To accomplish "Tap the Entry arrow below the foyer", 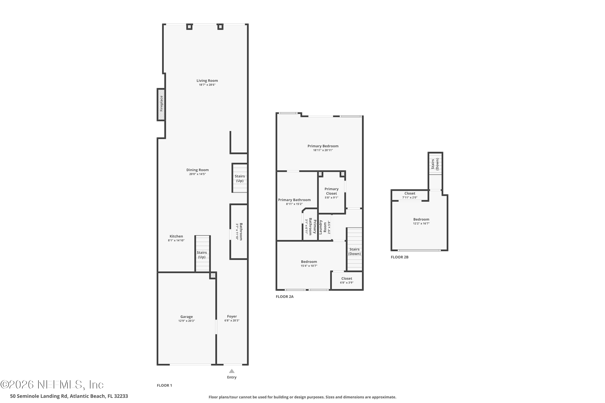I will pos(232,371).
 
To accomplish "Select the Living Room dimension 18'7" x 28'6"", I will pos(207,85).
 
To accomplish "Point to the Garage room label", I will pos(187,317).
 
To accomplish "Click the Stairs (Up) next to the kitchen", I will pos(202,255).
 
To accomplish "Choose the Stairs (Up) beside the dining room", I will pos(240,178).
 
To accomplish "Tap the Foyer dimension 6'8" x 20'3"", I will pos(232,321).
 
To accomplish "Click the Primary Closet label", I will pos(331,191).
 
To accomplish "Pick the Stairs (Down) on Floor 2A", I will pos(355,251).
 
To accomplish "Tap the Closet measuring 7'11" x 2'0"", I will pos(410,195).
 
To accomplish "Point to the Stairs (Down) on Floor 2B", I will pos(435,164).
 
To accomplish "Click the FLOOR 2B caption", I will pos(400,257).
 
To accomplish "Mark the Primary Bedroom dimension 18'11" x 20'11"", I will pos(323,150).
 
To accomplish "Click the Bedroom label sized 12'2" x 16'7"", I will pos(421,219).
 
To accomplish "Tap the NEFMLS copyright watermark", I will pos(52,385).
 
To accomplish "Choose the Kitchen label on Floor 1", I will pos(176,236).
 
